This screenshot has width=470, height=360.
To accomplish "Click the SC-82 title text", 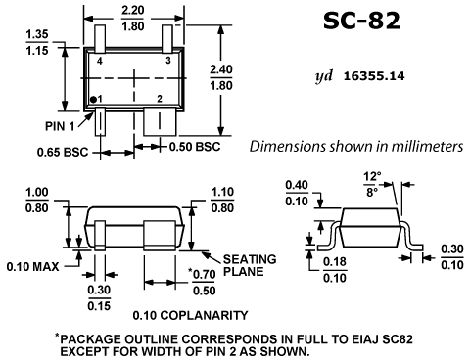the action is tap(361, 21).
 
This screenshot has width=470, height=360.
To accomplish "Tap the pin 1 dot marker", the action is tap(93, 99).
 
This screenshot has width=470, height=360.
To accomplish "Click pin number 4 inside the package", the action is tap(100, 61).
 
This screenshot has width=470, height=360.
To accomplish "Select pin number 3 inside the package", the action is tap(168, 61).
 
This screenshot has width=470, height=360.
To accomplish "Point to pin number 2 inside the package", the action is tap(160, 99).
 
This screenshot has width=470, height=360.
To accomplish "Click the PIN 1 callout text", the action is tap(60, 126).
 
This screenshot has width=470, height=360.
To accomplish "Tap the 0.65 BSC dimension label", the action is tap(63, 152).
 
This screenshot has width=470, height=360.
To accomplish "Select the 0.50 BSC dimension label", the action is tap(195, 147).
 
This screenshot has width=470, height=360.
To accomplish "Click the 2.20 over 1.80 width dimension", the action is tap(133, 19).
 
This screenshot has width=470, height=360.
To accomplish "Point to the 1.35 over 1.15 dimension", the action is tap(37, 42).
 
